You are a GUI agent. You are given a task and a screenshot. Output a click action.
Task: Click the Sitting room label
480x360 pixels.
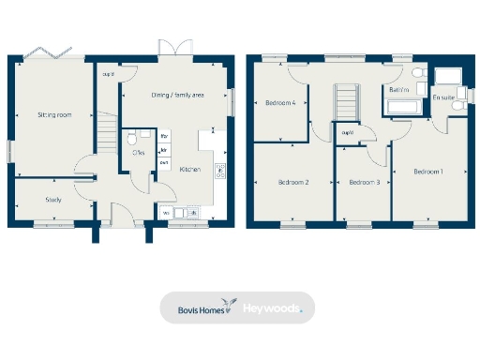pos(54,114)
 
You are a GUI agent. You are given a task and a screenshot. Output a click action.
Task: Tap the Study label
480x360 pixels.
pos(53,200)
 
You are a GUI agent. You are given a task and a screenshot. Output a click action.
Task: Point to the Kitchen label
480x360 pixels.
pos(190,170)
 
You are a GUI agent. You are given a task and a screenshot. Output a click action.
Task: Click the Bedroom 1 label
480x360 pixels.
pos(428,172)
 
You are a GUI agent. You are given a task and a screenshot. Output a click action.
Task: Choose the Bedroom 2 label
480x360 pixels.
pos(293,182)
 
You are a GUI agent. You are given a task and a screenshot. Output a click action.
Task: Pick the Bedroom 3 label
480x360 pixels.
pos(364,182)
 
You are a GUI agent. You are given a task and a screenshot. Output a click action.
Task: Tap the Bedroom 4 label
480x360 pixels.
pos(280,103)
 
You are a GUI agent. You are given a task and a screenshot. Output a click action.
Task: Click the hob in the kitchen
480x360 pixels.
pos(220,170)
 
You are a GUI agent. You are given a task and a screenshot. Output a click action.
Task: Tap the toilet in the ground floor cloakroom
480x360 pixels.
pos(132,139)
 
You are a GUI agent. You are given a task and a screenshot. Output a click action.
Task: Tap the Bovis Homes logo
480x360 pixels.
pos(201,308)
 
